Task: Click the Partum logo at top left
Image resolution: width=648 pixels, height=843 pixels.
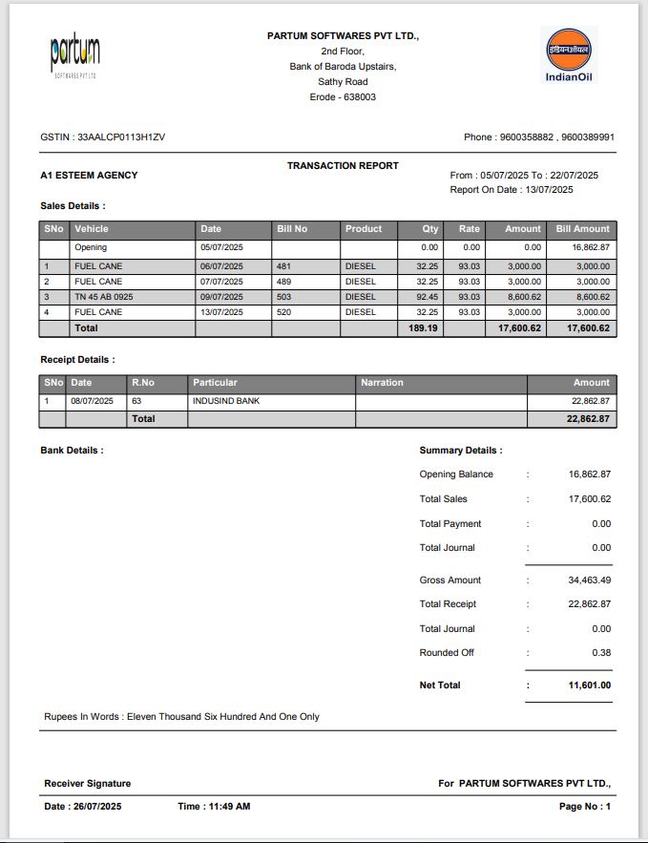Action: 74,55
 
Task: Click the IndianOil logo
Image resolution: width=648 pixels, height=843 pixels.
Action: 568,54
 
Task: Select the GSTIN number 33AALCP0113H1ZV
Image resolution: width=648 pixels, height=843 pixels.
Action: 121,137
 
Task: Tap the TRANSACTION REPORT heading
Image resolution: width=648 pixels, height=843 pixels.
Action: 343,166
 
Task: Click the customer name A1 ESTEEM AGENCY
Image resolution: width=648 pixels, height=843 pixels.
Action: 89,176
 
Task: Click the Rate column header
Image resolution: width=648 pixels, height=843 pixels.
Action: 469,229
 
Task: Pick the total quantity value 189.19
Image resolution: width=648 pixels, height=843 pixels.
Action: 423,328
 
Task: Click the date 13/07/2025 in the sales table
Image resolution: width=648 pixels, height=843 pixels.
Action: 221,312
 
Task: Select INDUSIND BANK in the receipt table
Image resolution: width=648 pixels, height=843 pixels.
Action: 226,401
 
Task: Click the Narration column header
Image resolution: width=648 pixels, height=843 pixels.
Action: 382,383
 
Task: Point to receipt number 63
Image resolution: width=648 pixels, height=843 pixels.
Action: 136,401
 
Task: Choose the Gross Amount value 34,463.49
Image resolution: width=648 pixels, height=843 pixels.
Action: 589,580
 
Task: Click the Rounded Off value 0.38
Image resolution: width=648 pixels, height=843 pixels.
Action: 600,653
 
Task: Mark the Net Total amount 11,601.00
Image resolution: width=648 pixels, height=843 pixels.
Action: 588,685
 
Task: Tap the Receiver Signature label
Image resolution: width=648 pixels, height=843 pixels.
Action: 88,784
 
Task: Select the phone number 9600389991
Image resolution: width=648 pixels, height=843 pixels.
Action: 588,137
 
